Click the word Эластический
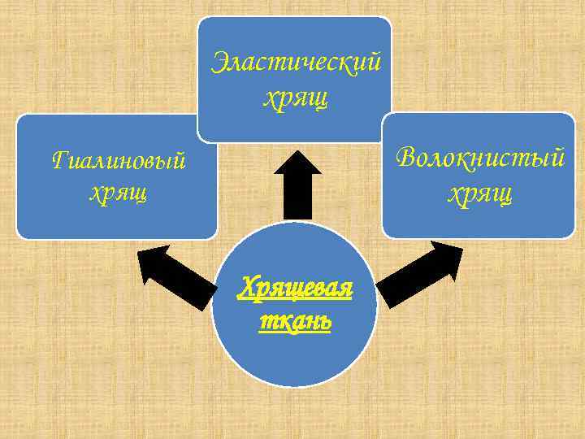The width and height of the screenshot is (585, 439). [x=295, y=63]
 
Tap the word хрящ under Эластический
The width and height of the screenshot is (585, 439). [x=295, y=98]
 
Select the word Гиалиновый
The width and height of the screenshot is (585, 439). [x=119, y=161]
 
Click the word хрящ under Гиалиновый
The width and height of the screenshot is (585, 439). [x=119, y=194]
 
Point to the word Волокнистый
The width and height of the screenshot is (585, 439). [x=480, y=158]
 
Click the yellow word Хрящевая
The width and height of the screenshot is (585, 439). [x=295, y=288]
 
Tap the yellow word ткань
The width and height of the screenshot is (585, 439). [x=295, y=320]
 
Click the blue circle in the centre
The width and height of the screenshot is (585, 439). [x=294, y=358]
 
